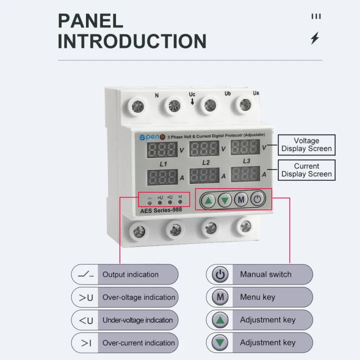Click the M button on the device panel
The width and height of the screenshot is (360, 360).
click(x=241, y=200)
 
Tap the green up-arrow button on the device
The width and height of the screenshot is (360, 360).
click(x=209, y=200)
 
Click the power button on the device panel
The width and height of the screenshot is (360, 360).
click(x=257, y=199)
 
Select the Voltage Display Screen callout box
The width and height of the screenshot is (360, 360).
click(x=306, y=145)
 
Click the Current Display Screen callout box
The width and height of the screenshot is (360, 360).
click(x=306, y=170)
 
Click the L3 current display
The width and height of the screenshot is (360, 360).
click(x=245, y=173)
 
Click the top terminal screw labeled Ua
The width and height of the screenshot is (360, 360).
click(x=244, y=104)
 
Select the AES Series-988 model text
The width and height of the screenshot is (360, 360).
click(x=161, y=210)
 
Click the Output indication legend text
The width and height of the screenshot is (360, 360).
click(x=130, y=274)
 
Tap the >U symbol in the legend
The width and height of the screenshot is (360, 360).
click(x=86, y=297)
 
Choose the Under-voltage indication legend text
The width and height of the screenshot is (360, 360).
click(x=137, y=320)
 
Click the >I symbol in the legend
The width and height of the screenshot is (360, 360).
click(x=86, y=343)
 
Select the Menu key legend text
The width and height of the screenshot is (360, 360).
click(x=257, y=297)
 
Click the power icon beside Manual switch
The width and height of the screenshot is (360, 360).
click(x=220, y=274)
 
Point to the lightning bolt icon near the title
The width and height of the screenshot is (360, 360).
click(x=314, y=38)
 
